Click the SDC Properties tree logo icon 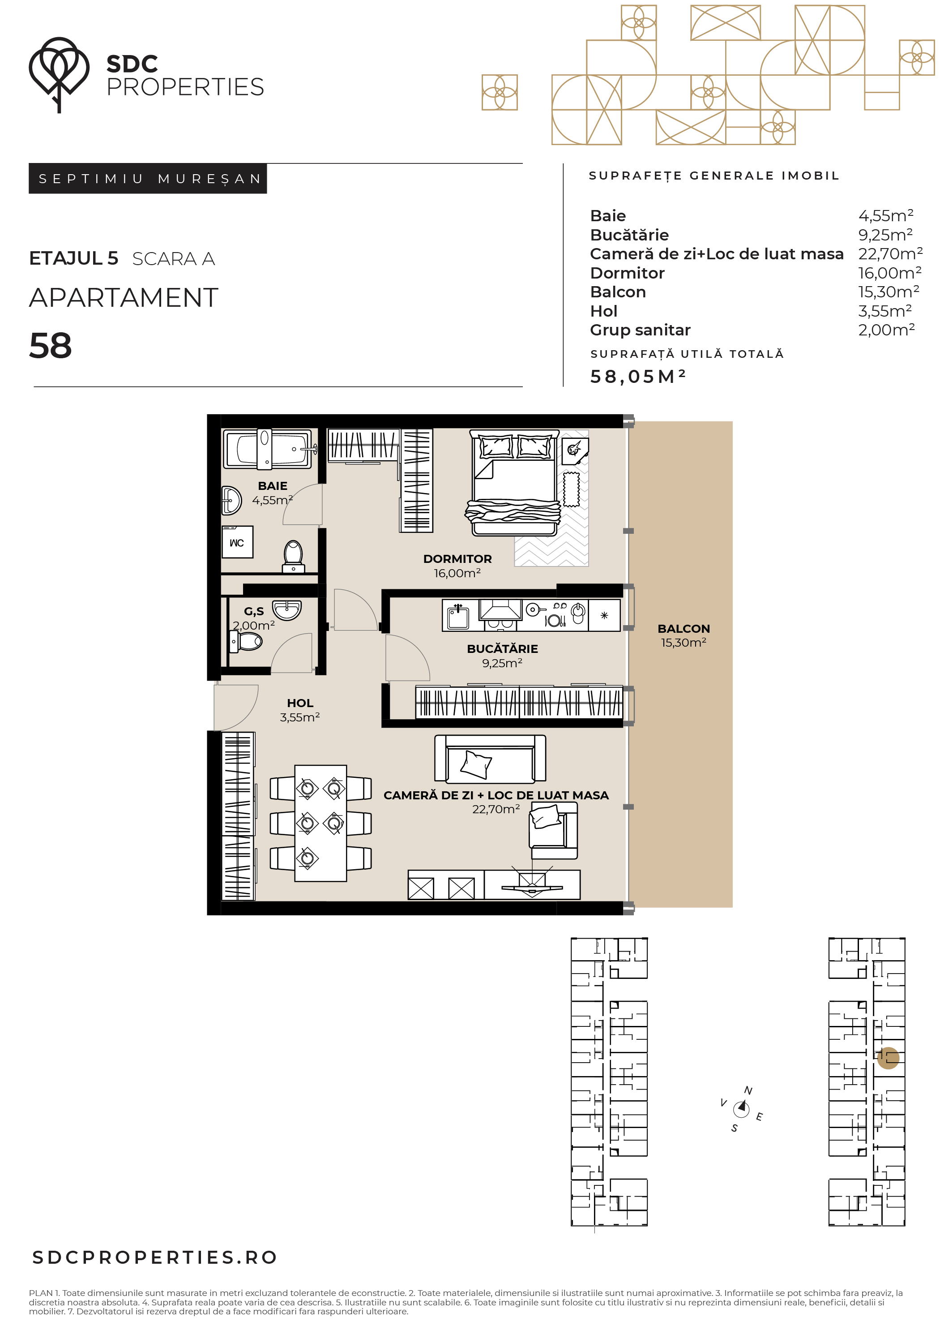click(59, 73)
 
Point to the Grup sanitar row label click(640, 330)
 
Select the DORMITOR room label click(457, 559)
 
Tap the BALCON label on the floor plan click(684, 629)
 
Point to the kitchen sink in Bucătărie click(458, 616)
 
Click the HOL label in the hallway click(300, 703)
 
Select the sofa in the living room click(490, 759)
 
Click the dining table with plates click(320, 823)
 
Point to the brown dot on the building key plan click(888, 1058)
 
